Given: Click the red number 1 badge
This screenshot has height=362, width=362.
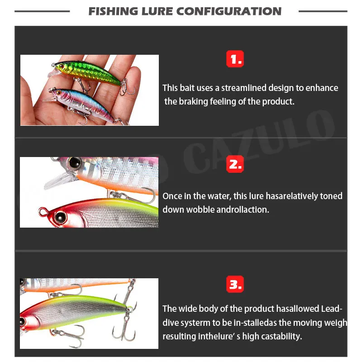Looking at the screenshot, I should tap(235, 59).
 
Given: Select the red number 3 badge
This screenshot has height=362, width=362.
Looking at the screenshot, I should tap(235, 285).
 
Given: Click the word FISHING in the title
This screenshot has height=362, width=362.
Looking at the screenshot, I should tap(113, 11).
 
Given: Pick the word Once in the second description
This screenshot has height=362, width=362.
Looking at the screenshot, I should tap(172, 196).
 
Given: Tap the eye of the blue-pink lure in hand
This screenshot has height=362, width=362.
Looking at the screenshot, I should tap(58, 93).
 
